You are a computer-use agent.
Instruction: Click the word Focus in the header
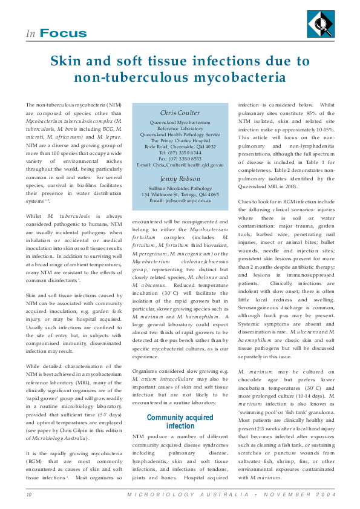pyautogui.click(x=64, y=34)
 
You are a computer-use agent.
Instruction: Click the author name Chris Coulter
pyautogui.click(x=180, y=113)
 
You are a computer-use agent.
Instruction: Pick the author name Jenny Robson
pyautogui.click(x=180, y=179)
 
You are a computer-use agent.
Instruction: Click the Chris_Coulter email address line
pyautogui.click(x=180, y=165)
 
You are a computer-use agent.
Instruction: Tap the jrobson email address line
pyautogui.click(x=180, y=200)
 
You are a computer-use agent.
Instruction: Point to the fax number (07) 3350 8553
pyautogui.click(x=180, y=159)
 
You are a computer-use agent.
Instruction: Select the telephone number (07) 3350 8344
pyautogui.click(x=180, y=153)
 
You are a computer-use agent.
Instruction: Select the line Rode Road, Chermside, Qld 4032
pyautogui.click(x=180, y=146)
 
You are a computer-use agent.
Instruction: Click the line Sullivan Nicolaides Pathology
pyautogui.click(x=180, y=188)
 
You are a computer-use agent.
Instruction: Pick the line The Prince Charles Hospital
pyautogui.click(x=180, y=140)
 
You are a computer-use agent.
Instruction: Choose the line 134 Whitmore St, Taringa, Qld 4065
pyautogui.click(x=180, y=194)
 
